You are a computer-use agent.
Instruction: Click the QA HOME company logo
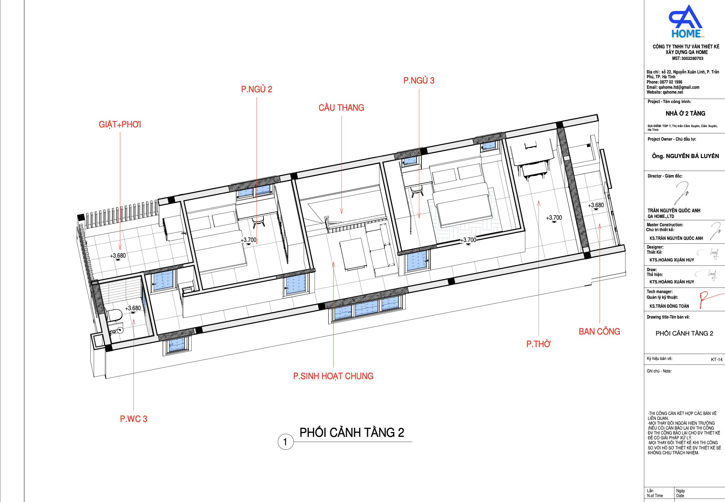686,21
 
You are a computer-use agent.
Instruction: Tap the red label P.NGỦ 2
257,89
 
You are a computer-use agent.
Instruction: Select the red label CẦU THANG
341,108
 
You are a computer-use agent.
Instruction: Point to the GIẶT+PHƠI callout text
120,124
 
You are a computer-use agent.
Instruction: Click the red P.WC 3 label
133,419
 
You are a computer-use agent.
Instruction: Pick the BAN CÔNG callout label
600,331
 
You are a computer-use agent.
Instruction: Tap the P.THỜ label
539,344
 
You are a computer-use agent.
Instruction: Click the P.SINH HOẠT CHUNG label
333,376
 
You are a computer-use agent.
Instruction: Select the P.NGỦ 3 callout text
419,80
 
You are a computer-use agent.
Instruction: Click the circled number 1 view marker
285,442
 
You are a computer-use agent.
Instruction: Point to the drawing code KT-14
717,359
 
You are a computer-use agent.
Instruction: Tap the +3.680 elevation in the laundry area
118,256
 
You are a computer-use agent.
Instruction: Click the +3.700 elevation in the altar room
554,218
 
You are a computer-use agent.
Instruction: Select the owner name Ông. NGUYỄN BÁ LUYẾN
685,156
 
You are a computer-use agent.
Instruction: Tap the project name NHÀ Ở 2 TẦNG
685,113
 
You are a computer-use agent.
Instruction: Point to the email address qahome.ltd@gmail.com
679,87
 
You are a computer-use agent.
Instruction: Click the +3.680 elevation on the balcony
596,205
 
